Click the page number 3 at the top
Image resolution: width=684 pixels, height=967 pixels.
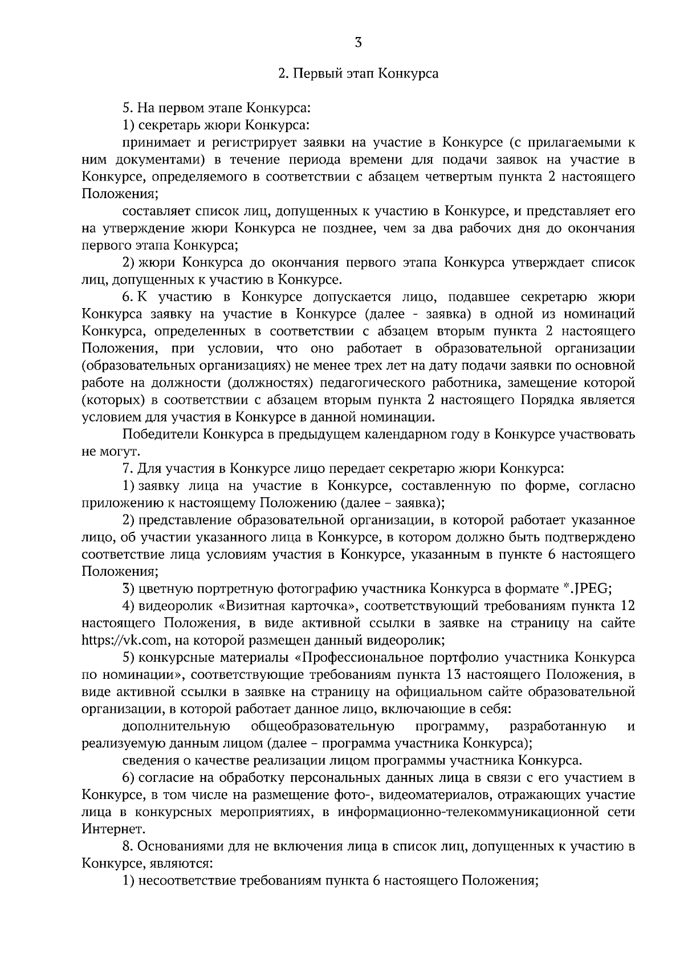(358, 43)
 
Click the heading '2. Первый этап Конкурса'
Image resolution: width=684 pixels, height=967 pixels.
(358, 74)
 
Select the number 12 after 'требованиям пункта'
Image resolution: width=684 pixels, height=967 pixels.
(626, 605)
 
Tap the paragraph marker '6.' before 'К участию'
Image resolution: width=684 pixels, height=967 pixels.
(128, 297)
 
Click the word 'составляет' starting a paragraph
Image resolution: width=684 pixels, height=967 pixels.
(156, 211)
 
